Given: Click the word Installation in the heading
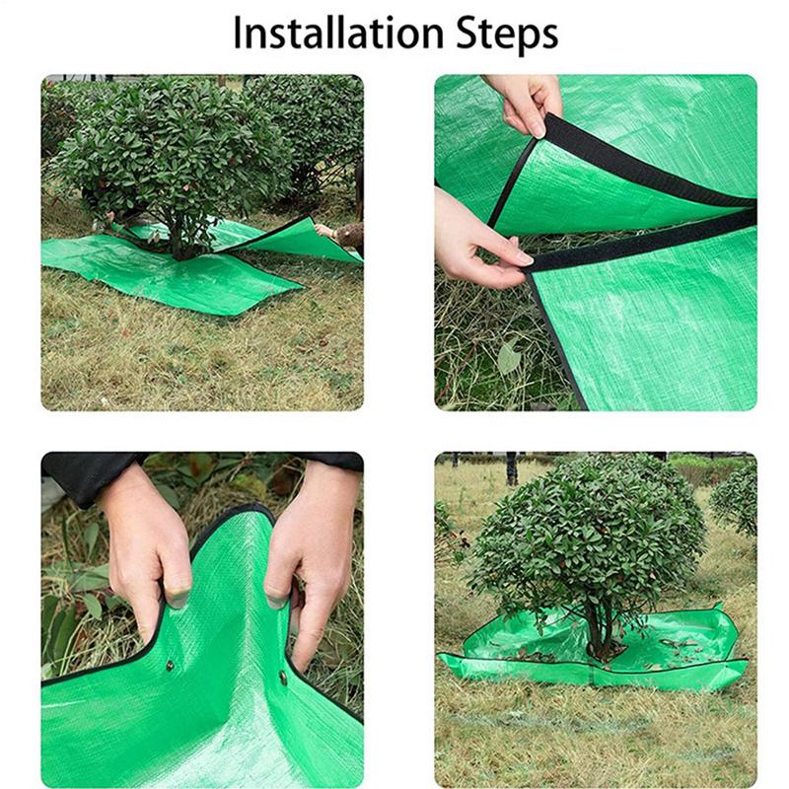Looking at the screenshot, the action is [337, 34].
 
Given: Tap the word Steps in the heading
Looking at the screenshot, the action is [507, 36].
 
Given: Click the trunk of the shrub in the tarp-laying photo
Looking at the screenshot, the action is [178, 237].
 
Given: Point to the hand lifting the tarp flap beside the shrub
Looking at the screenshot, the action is [323, 231].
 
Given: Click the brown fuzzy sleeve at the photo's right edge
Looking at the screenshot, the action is [351, 236].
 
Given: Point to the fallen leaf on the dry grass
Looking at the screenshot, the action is [509, 355].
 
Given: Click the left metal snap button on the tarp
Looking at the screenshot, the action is [170, 665].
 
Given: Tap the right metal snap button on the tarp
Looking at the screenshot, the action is [283, 679].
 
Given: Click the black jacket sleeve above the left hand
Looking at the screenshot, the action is [91, 475].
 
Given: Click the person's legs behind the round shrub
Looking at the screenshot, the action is [511, 467].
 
